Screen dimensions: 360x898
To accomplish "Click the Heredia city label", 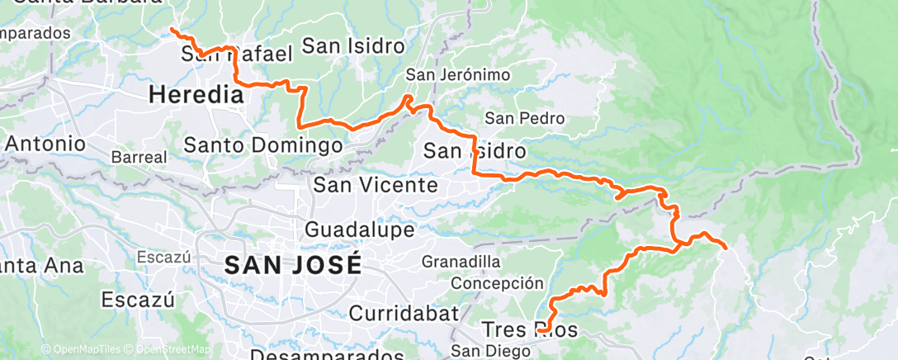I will click(x=196, y=95).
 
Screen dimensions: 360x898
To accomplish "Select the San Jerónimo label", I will click(x=458, y=75).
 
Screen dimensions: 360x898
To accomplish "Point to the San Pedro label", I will click(x=524, y=118).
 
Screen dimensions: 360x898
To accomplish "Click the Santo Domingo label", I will click(x=262, y=145).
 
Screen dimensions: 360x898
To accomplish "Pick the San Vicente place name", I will click(x=376, y=184).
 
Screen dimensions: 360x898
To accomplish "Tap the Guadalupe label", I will click(x=359, y=228).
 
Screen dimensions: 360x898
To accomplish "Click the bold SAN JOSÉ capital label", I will click(x=293, y=265).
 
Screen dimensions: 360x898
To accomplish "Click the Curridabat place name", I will click(x=403, y=313).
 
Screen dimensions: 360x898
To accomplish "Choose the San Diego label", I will click(x=491, y=351).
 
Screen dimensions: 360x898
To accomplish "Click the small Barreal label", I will click(x=139, y=157).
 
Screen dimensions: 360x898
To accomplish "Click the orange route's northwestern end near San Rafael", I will click(x=172, y=30).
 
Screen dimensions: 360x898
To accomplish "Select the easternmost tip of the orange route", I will click(x=725, y=247).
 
